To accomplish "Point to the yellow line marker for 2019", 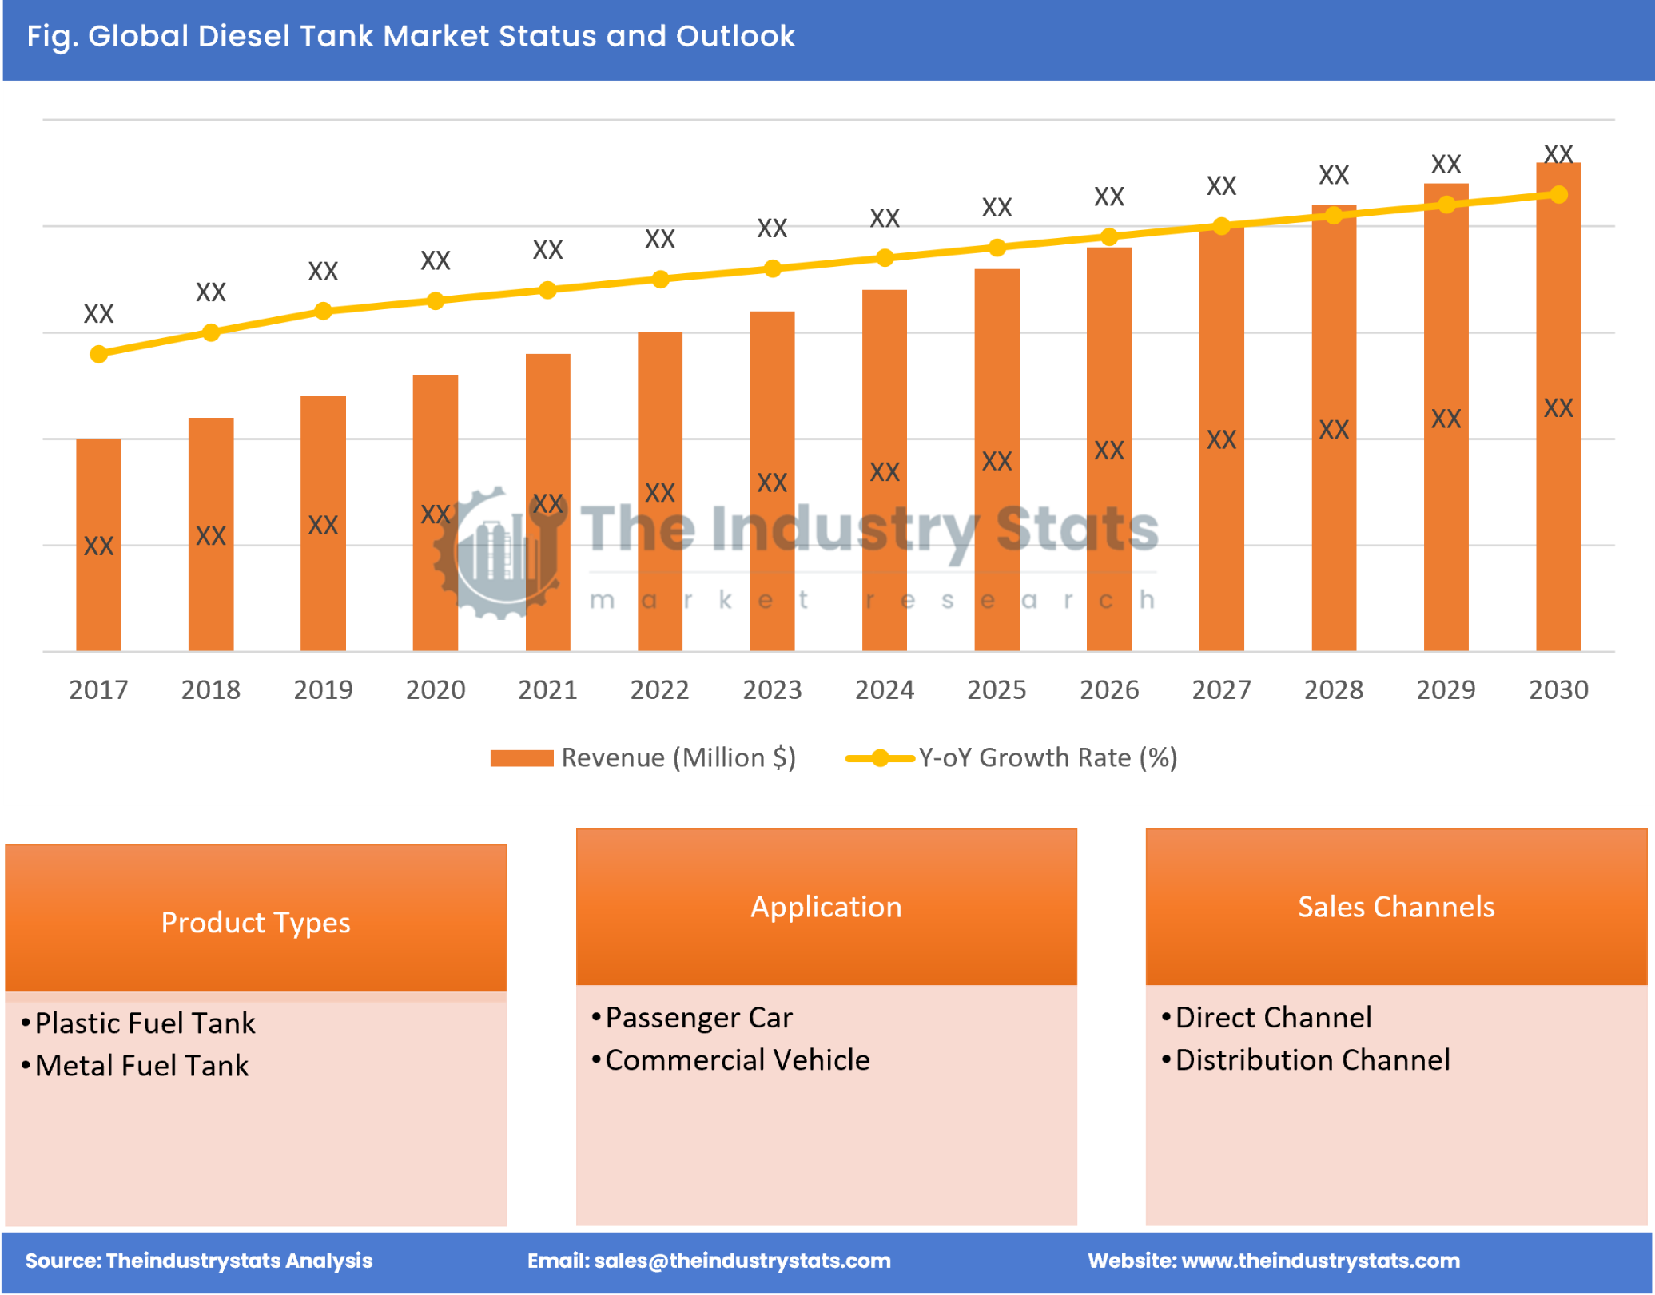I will point(323,311).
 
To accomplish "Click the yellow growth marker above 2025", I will point(997,248).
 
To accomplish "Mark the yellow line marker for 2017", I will point(98,354).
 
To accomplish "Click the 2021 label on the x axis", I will point(547,689).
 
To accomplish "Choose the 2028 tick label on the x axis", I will point(1333,689).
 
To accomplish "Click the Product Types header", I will point(256,923).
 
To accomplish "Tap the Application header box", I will point(826,907).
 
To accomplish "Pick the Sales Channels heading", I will point(1395,907).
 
